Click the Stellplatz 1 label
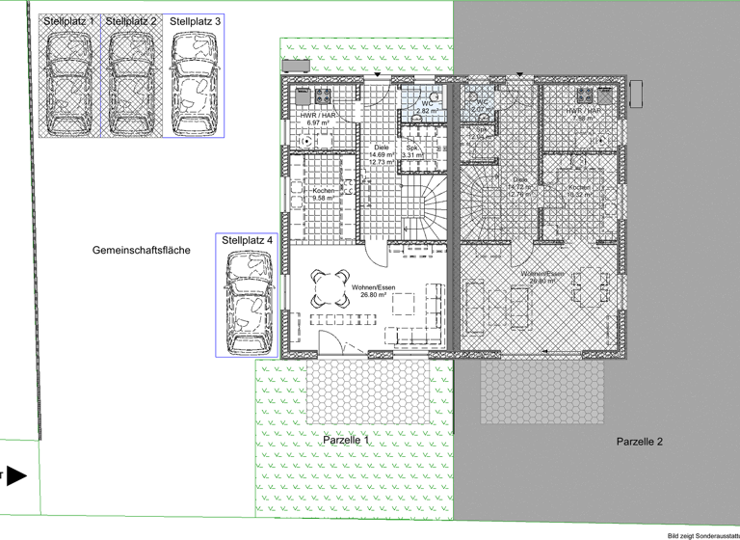tap(70, 20)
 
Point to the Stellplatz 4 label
tap(248, 239)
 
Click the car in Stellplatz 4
tap(248, 302)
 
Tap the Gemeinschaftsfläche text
tap(142, 250)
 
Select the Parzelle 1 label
tap(346, 439)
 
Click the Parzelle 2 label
tap(640, 441)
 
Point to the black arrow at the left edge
tap(16, 475)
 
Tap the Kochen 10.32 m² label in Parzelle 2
tap(579, 191)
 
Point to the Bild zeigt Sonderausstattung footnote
tap(702, 533)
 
